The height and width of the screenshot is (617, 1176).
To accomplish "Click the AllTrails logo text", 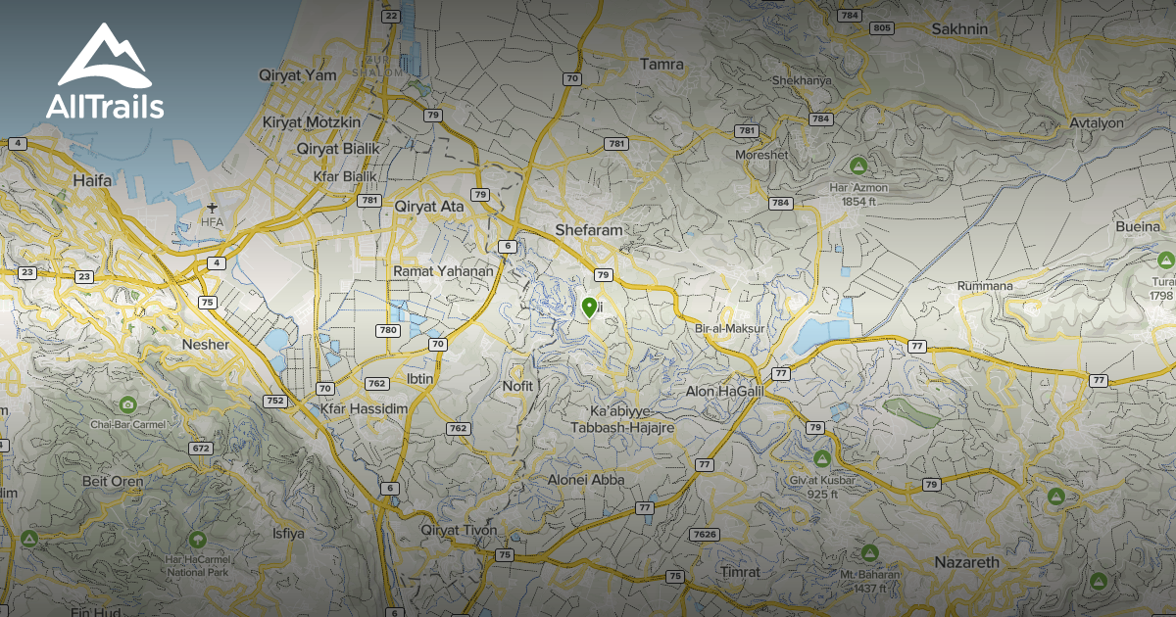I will coord(105,107).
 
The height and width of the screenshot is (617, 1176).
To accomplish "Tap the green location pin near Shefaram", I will coord(589,308).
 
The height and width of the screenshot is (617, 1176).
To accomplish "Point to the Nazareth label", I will coord(966,562).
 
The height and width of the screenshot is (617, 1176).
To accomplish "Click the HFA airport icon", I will coord(213,207).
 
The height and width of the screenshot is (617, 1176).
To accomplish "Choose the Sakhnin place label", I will coord(959,28).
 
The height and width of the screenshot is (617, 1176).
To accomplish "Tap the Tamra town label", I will coord(661,65).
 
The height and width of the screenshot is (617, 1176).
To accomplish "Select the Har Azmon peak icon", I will coord(858,165).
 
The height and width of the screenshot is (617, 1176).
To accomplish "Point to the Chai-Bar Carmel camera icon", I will coord(127,404).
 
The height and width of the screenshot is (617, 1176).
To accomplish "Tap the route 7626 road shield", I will coord(704,534).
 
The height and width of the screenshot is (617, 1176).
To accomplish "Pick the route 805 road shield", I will coord(882,27).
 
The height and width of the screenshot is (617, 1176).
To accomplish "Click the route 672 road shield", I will coord(201,448).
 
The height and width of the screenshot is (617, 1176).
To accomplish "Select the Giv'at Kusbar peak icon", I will coord(822,458).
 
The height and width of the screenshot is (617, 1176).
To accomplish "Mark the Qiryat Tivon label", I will coord(459,530).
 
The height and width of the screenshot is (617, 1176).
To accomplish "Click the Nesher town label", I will coord(206,345).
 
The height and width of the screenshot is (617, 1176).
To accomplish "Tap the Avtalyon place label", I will coord(1097,123).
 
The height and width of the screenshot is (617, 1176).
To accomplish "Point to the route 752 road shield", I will coord(274,401).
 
